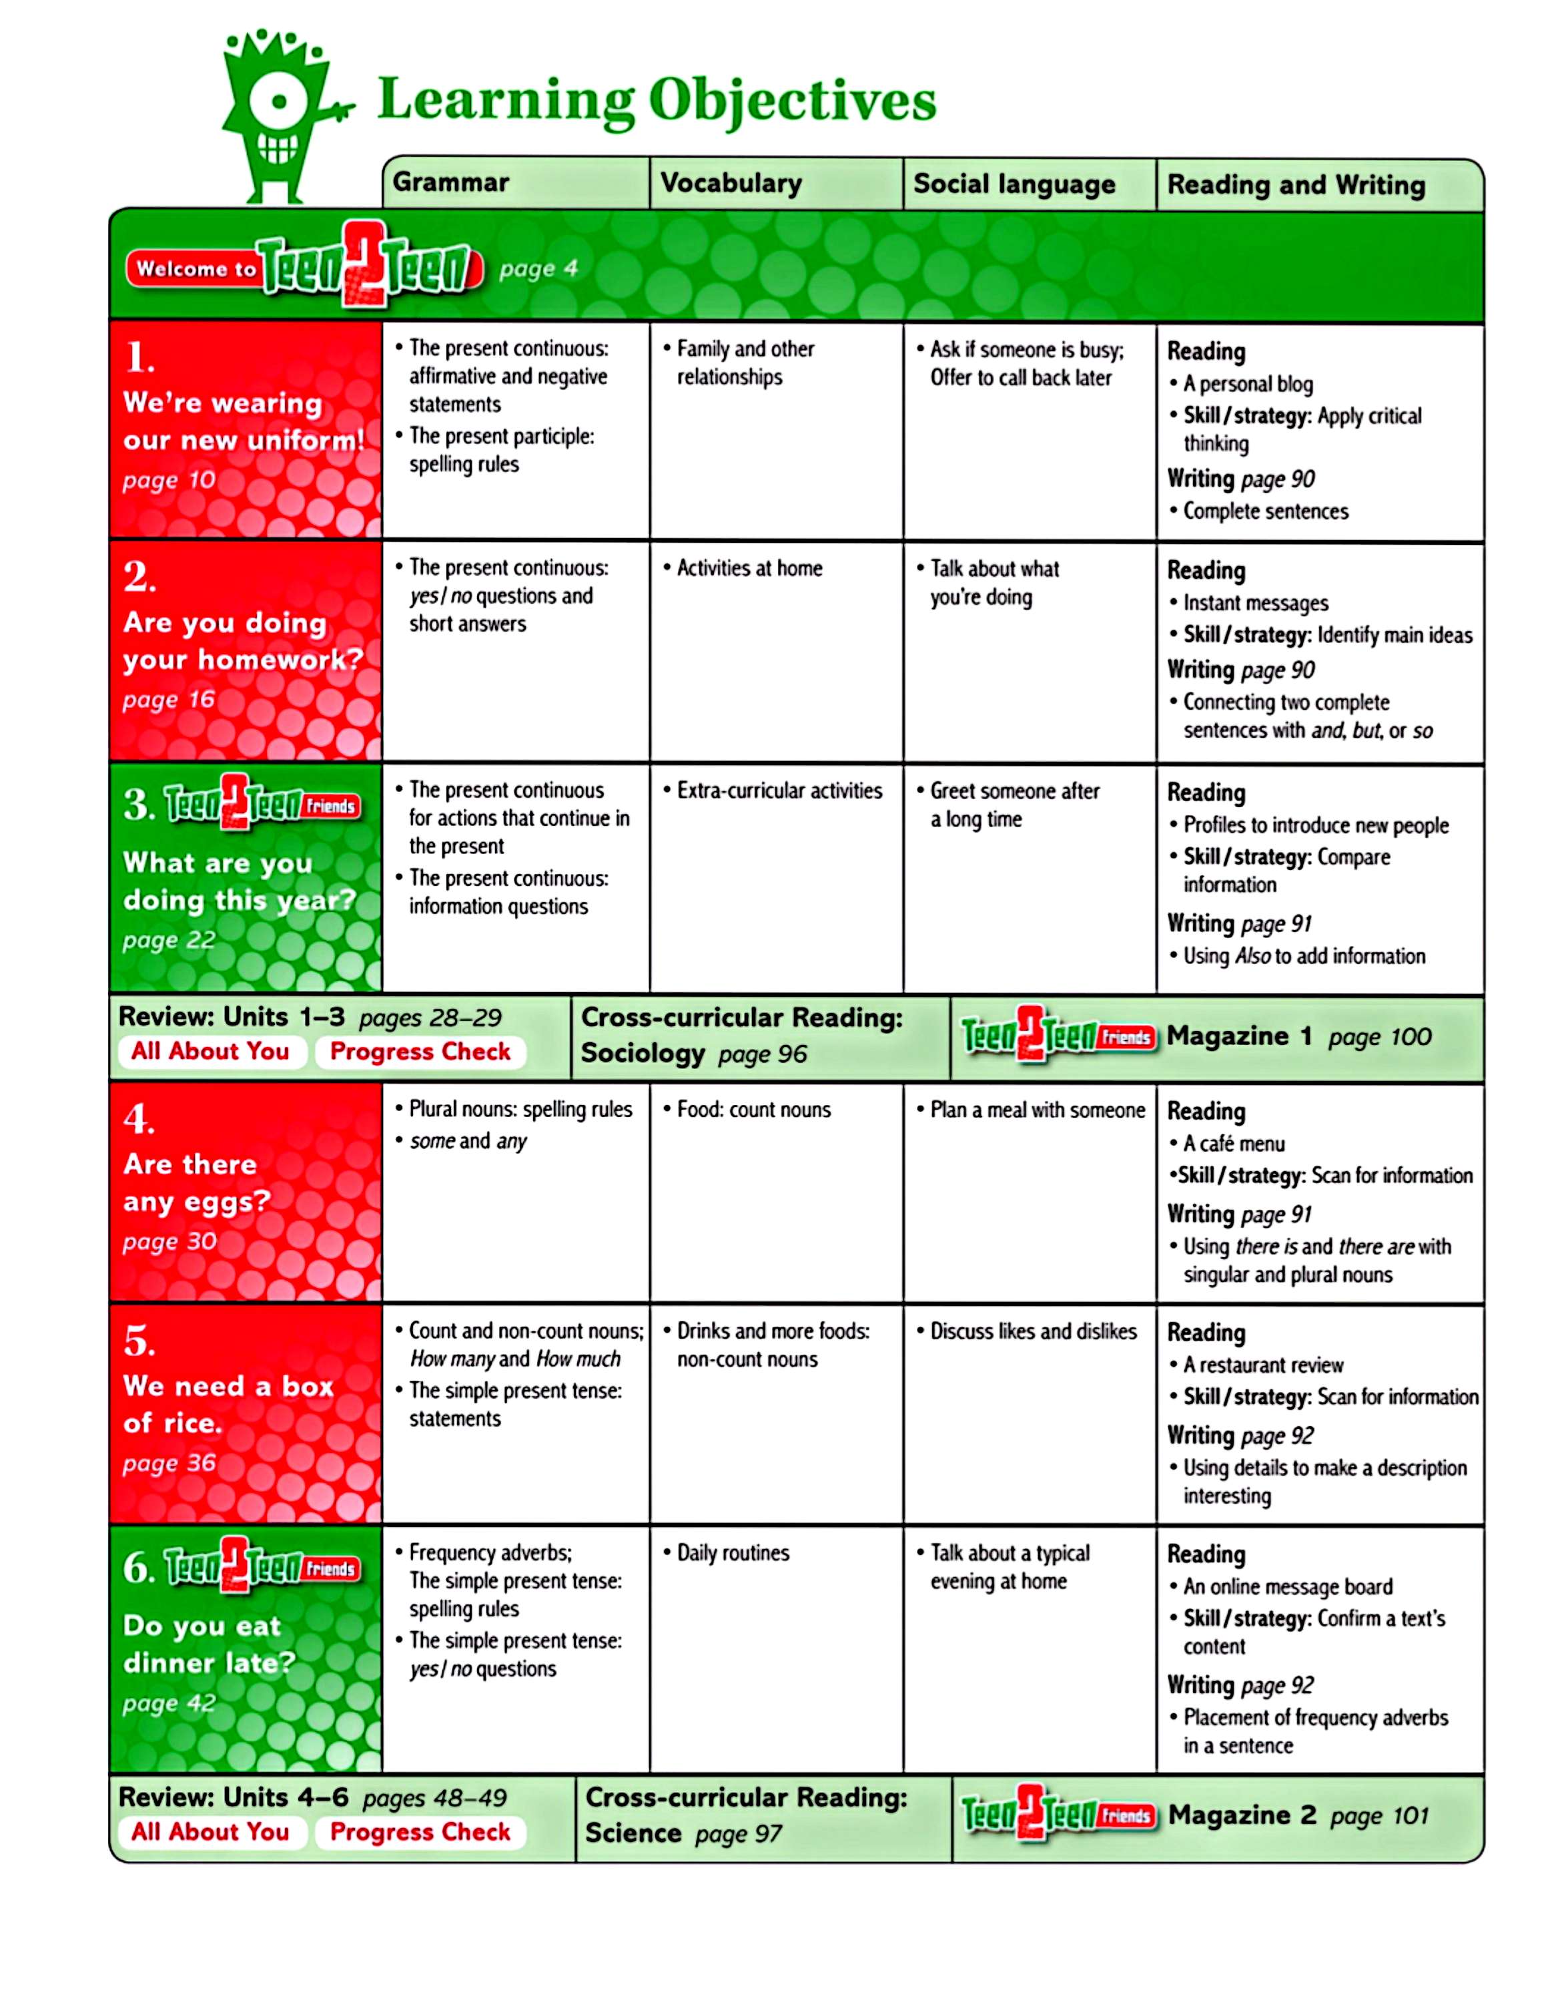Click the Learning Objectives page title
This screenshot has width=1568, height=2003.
point(657,100)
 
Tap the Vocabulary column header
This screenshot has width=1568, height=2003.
point(731,183)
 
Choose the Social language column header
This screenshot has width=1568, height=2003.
point(1014,184)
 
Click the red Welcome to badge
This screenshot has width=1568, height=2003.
point(195,269)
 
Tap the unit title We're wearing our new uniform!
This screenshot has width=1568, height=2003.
point(244,421)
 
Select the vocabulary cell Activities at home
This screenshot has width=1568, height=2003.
point(749,568)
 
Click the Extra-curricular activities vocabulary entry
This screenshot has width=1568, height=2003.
point(779,791)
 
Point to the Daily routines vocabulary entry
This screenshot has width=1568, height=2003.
point(733,1553)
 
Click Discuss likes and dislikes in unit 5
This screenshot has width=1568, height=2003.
point(1033,1331)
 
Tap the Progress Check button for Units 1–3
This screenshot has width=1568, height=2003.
point(420,1052)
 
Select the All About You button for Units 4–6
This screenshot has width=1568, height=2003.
point(210,1831)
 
